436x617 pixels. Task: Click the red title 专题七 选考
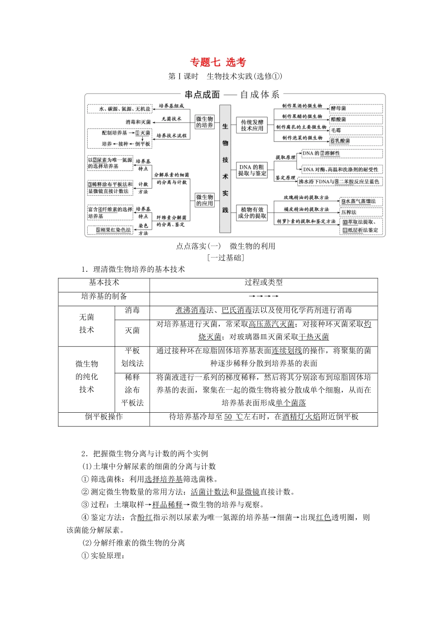[218, 62]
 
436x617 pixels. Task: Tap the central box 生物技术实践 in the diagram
[225, 168]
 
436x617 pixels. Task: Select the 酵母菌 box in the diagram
[356, 109]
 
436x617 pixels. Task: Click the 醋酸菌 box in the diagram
[356, 119]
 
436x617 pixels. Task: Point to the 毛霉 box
[356, 130]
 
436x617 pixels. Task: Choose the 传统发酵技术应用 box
[252, 125]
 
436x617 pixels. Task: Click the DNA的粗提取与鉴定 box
[252, 170]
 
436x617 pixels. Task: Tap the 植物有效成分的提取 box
[252, 213]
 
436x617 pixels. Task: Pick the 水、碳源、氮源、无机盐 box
[119, 109]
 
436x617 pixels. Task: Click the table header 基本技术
[104, 282]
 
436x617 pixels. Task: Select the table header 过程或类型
[263, 282]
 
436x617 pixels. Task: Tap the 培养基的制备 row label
[104, 296]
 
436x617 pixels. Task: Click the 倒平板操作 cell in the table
[104, 416]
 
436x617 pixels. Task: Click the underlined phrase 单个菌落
[291, 403]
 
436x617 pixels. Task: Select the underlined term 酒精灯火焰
[301, 416]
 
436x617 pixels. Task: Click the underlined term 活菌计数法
[210, 492]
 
